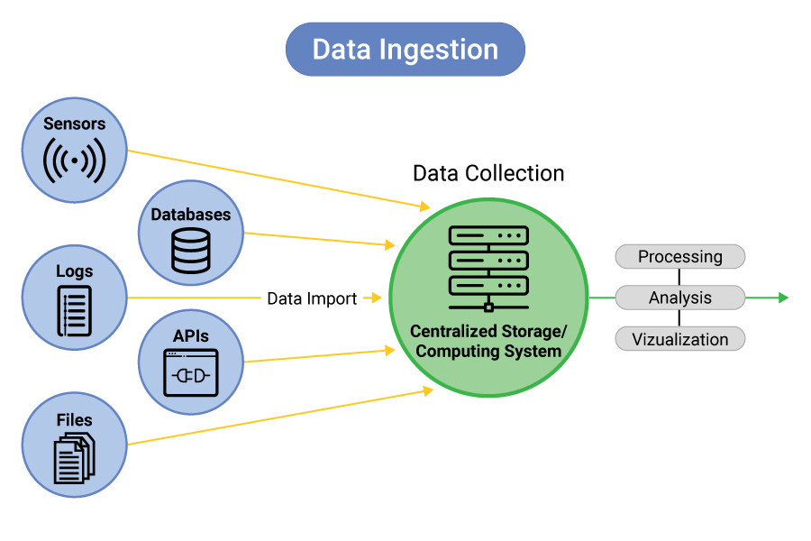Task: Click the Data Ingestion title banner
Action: (x=405, y=49)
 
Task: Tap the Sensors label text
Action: (x=74, y=124)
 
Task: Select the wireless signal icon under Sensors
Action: (x=74, y=160)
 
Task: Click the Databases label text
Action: (x=190, y=215)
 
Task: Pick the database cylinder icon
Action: (x=190, y=250)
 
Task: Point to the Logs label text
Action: (x=74, y=270)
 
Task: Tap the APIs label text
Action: (x=190, y=335)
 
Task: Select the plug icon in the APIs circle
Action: (x=190, y=372)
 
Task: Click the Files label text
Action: (x=74, y=419)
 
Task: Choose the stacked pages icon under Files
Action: (x=75, y=458)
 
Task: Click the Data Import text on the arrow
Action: (x=312, y=298)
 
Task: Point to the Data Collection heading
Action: (x=488, y=173)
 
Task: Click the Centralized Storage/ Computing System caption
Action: (x=488, y=341)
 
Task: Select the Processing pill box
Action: (x=680, y=257)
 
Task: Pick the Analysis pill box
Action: (x=680, y=298)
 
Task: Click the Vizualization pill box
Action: (x=680, y=339)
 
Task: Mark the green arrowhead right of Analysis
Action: (x=783, y=298)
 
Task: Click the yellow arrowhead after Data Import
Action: (x=378, y=298)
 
